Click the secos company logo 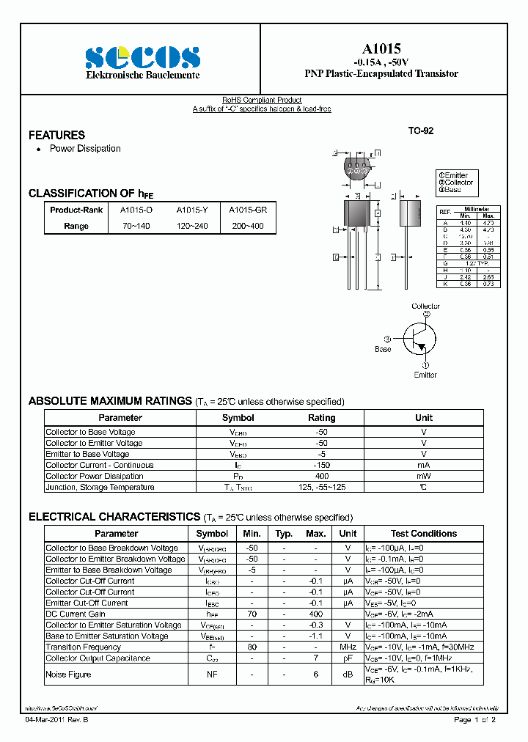142,57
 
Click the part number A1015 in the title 381,48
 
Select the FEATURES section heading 56,135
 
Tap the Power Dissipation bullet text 85,149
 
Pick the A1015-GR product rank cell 248,210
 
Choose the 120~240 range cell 192,226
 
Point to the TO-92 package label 421,131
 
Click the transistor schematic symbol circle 420,339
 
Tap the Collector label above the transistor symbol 425,306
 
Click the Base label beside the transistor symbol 383,349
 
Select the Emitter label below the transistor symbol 425,375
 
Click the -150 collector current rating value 321,465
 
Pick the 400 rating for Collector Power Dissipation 321,476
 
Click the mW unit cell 423,476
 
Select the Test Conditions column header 423,534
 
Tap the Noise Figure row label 68,674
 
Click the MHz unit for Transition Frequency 348,647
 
